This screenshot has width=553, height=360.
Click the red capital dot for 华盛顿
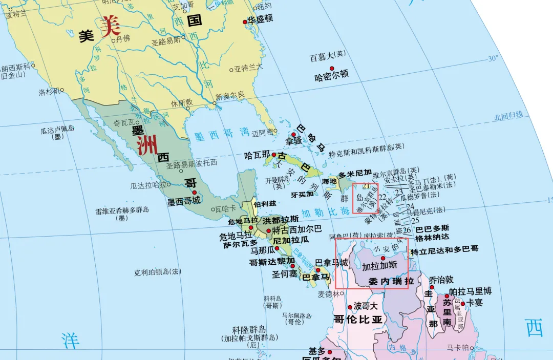[245, 22]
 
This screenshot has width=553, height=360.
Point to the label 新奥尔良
[230, 96]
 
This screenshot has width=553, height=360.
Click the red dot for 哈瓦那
[274, 155]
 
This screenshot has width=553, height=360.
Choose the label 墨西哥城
[183, 202]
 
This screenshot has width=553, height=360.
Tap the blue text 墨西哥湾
[221, 135]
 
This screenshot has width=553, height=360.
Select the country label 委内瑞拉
[391, 281]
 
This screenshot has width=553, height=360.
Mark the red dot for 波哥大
[350, 307]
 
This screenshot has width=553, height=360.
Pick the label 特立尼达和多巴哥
[444, 250]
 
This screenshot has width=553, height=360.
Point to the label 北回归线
[508, 116]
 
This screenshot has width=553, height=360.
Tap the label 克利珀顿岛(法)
[158, 272]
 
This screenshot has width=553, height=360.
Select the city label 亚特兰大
[249, 67]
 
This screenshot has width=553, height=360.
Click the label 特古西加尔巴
[297, 229]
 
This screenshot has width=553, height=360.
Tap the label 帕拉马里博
[470, 291]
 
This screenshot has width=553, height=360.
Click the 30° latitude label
[493, 58]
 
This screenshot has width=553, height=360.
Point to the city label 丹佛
[123, 38]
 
